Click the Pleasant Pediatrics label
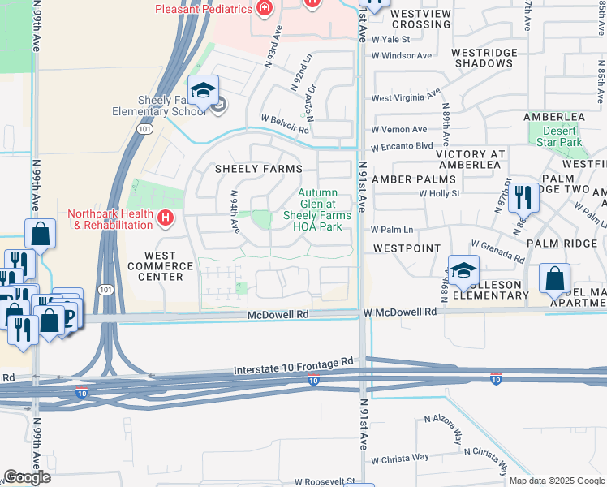(202, 9)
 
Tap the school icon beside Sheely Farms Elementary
(204, 90)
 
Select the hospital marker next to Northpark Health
(166, 218)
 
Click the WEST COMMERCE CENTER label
(161, 265)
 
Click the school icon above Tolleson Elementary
(463, 270)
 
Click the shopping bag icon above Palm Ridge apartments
(554, 279)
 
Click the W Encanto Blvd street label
(403, 148)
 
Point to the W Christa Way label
(400, 457)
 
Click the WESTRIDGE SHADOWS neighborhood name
(484, 58)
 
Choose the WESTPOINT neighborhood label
(407, 248)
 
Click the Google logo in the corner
(27, 477)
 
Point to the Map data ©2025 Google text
(556, 481)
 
